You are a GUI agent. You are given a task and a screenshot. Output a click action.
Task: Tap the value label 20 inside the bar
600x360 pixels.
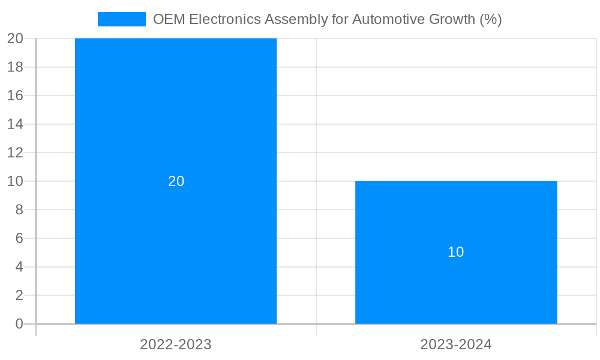pyautogui.click(x=176, y=181)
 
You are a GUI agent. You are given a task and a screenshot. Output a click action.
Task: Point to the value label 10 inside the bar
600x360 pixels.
pyautogui.click(x=456, y=252)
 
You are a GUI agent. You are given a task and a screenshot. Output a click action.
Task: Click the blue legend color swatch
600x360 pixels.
pyautogui.click(x=122, y=19)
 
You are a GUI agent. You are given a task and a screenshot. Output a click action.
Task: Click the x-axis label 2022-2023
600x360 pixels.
pyautogui.click(x=176, y=344)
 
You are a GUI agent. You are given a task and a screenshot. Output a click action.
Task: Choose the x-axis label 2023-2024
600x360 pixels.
pyautogui.click(x=456, y=344)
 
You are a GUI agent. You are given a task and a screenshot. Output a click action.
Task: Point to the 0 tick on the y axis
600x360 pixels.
pyautogui.click(x=19, y=324)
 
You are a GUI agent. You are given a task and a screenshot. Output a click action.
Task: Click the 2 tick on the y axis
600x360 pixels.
pyautogui.click(x=19, y=295)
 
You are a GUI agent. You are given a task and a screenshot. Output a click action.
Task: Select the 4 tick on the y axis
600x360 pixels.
pyautogui.click(x=19, y=267)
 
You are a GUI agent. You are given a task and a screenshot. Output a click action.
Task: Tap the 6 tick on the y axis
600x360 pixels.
pyautogui.click(x=19, y=238)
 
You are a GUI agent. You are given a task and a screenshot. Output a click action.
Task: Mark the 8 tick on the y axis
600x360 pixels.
pyautogui.click(x=19, y=210)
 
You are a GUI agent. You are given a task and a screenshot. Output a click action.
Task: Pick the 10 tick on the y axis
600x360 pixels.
pyautogui.click(x=15, y=181)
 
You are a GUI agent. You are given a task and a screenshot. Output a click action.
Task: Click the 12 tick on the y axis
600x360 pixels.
pyautogui.click(x=15, y=152)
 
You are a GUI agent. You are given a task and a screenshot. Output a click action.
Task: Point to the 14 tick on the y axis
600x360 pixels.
pyautogui.click(x=15, y=124)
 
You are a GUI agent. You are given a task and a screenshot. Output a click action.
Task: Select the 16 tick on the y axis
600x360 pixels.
pyautogui.click(x=15, y=95)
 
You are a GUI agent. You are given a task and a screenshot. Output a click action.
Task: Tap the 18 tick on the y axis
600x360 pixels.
pyautogui.click(x=15, y=67)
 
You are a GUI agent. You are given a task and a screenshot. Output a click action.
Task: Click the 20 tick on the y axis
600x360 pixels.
pyautogui.click(x=15, y=38)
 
